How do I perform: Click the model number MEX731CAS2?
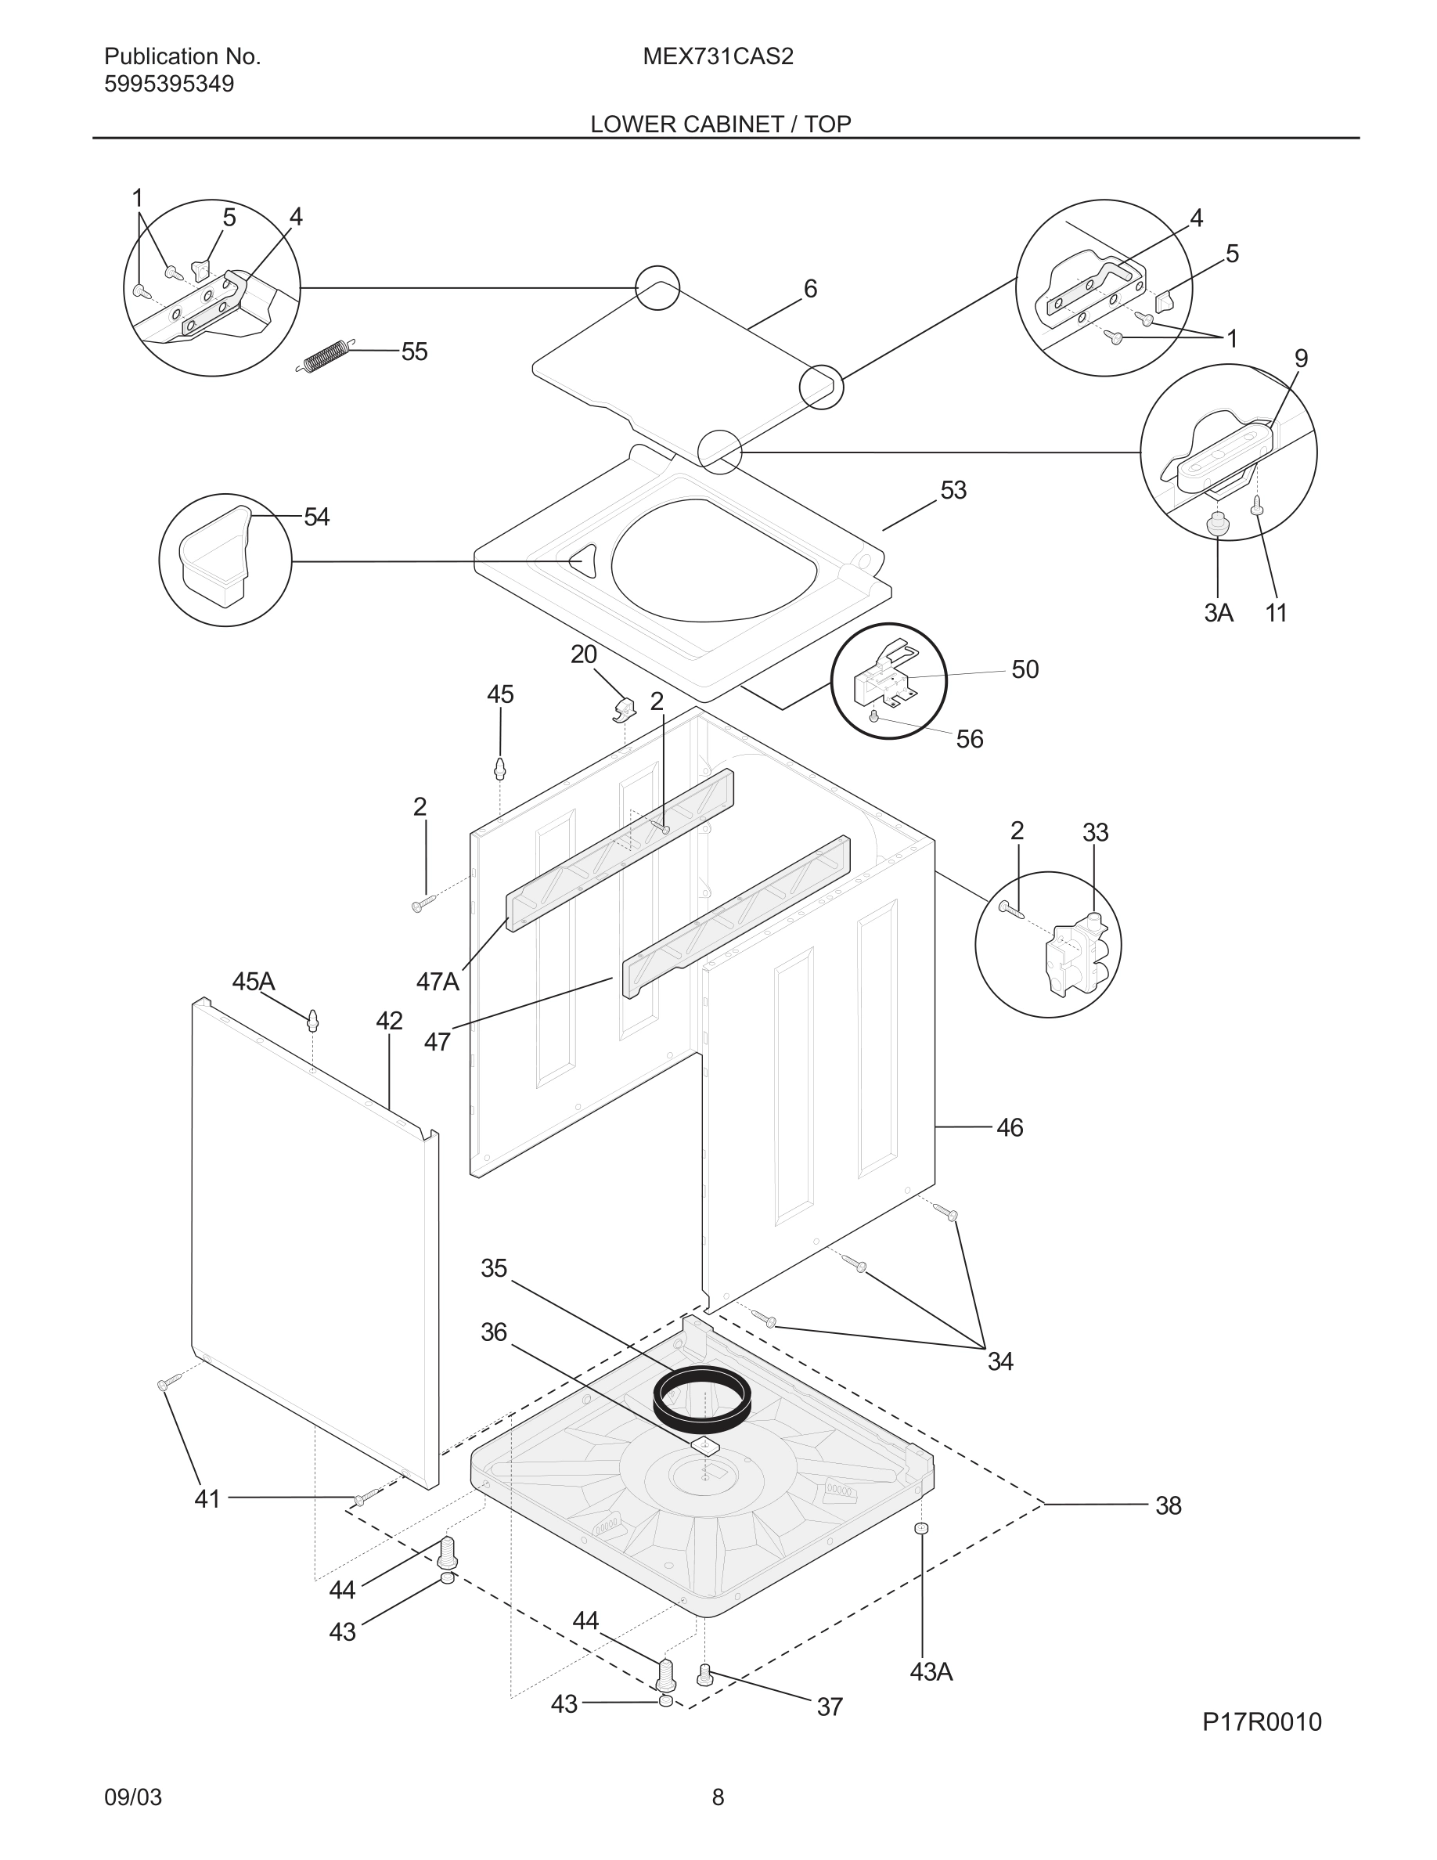click(x=718, y=57)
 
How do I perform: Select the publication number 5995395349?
click(x=168, y=85)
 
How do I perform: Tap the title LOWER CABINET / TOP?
click(x=720, y=124)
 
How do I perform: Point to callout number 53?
click(x=953, y=491)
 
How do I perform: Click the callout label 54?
click(x=317, y=517)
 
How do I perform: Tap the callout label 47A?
click(x=437, y=982)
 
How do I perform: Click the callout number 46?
click(x=1009, y=1127)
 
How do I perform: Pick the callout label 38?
click(x=1168, y=1505)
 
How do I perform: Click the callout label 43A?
click(x=931, y=1672)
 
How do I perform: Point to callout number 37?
click(x=829, y=1707)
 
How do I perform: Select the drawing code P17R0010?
click(x=1262, y=1722)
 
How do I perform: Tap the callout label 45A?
click(x=253, y=982)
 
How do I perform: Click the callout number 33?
click(x=1095, y=832)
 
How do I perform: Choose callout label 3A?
click(x=1218, y=613)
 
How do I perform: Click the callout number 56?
click(x=970, y=739)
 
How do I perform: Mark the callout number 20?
click(x=583, y=655)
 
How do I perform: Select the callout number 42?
click(x=389, y=1021)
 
